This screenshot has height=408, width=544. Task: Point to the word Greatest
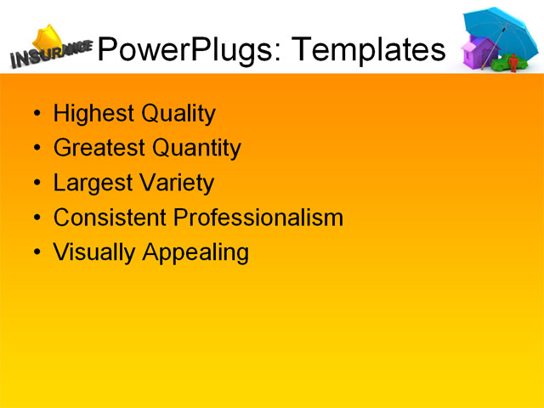point(99,149)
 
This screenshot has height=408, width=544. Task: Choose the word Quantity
point(197,149)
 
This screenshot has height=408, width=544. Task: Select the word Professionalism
point(258,218)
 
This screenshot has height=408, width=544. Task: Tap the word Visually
point(88,253)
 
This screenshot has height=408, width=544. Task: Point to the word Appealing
point(195,253)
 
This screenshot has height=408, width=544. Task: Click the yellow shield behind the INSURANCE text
point(48,38)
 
